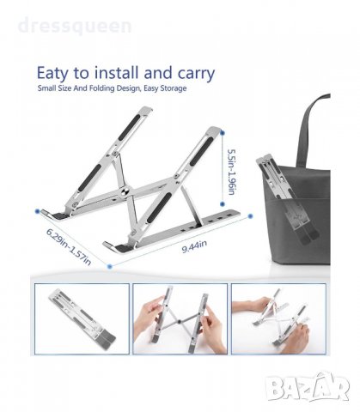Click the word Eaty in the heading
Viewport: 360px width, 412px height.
click(x=52, y=74)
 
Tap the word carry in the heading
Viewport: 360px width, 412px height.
click(x=196, y=74)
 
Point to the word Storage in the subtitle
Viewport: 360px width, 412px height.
click(x=173, y=88)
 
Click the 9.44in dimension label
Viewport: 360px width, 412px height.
click(x=194, y=246)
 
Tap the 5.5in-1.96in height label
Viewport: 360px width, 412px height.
click(x=231, y=172)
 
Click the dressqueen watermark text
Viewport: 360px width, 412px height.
click(x=75, y=26)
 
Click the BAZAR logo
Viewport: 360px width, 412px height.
click(x=308, y=387)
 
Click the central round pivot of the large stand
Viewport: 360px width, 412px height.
click(x=126, y=191)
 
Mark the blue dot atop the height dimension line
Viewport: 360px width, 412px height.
click(x=223, y=133)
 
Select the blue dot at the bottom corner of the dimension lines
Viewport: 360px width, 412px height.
click(x=109, y=267)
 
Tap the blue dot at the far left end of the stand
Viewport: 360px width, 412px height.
click(x=37, y=211)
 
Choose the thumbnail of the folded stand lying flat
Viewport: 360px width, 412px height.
click(x=82, y=319)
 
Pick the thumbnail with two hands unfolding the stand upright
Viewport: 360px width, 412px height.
click(x=180, y=319)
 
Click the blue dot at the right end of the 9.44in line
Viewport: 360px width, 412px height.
click(x=250, y=216)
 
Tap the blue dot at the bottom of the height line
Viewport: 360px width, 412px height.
click(x=223, y=204)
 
